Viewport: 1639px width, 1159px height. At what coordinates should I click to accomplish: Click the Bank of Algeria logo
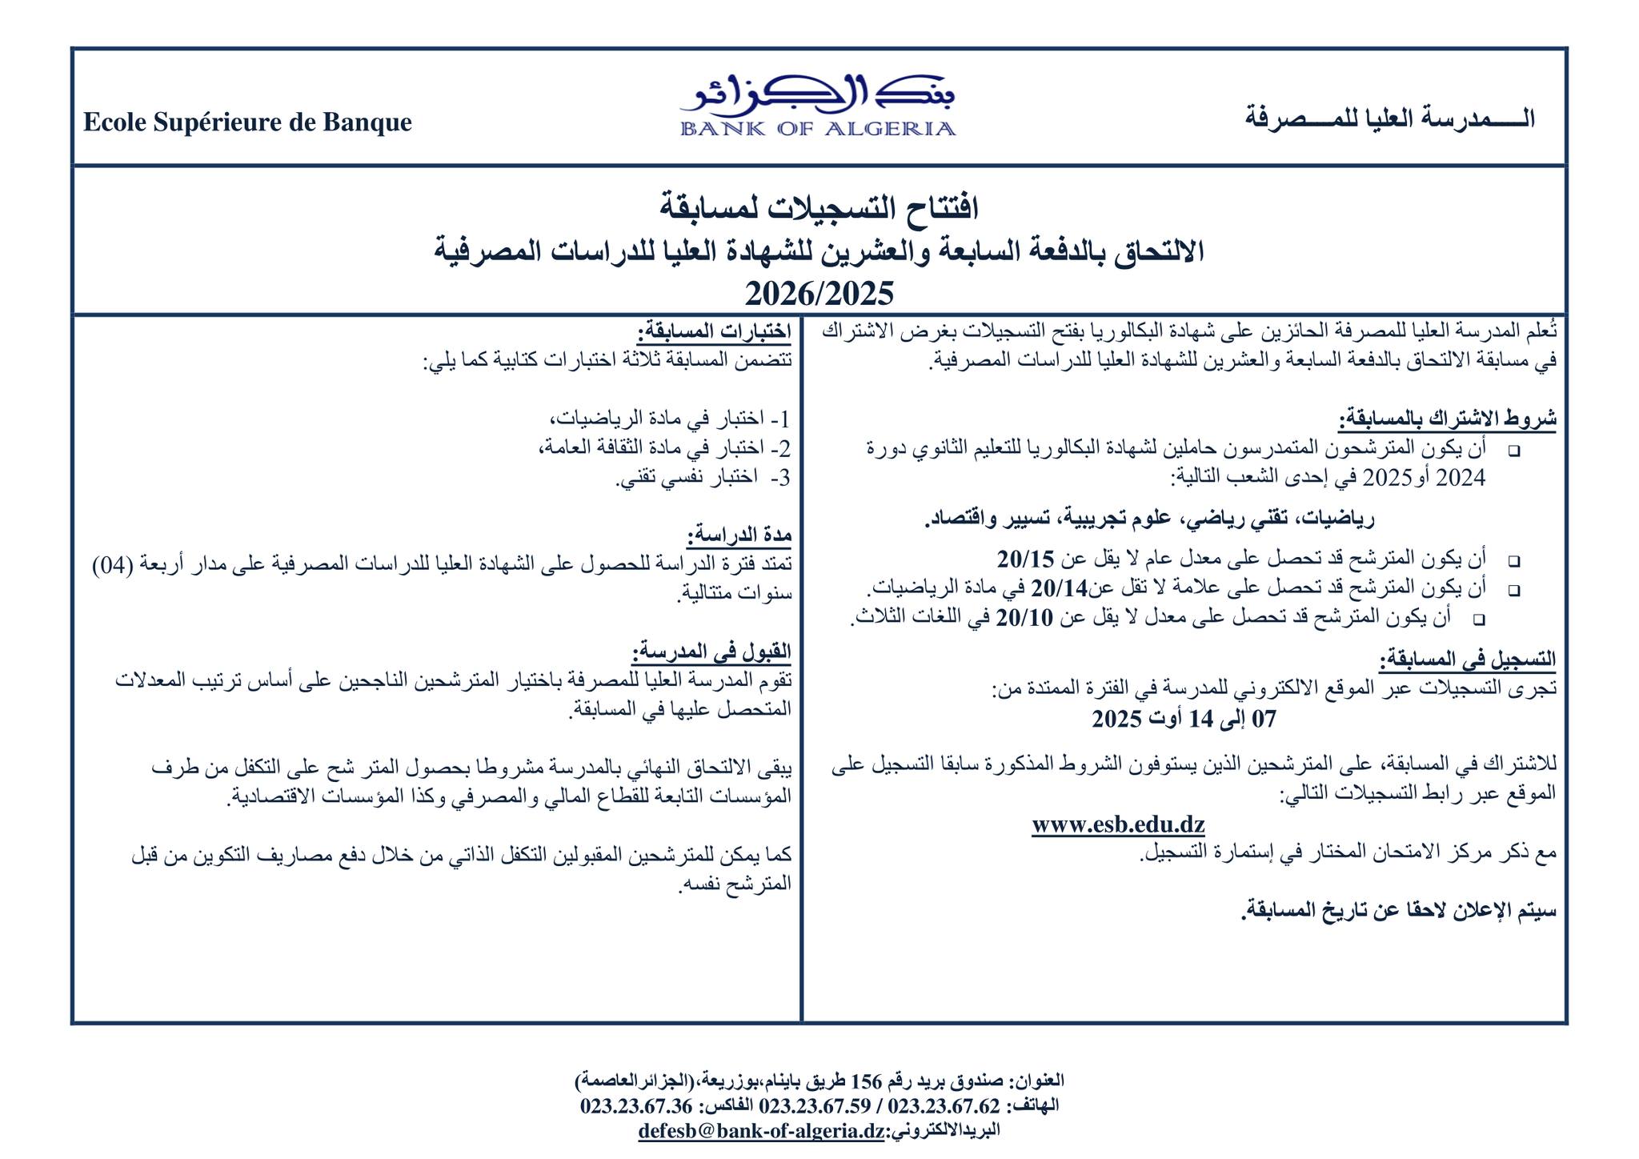tap(817, 108)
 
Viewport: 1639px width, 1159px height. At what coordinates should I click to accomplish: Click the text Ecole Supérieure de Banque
tap(247, 122)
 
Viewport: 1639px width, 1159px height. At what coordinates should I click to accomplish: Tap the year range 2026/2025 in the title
tap(819, 294)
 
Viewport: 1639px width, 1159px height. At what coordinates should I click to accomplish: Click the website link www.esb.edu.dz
tap(1118, 824)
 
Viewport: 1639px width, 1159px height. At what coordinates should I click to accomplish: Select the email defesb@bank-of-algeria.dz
tap(761, 1131)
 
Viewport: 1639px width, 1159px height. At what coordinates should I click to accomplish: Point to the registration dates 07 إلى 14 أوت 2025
tap(1184, 719)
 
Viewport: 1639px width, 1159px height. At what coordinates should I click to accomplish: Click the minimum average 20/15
tap(1027, 558)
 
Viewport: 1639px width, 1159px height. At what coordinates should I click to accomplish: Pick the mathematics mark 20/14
tap(1060, 588)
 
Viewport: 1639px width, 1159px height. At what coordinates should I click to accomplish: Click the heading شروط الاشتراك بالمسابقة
tap(1448, 419)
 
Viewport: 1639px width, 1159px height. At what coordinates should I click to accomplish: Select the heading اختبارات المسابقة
tap(714, 331)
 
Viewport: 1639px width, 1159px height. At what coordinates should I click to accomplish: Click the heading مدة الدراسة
tap(739, 535)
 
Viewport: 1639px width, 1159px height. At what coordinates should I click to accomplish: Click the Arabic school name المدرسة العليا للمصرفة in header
tap(1390, 118)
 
